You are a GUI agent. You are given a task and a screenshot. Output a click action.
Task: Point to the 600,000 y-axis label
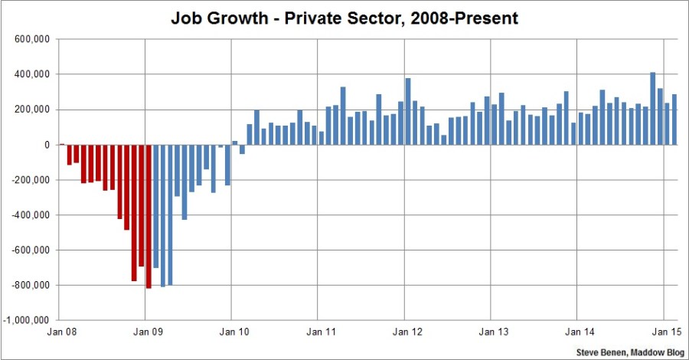(x=30, y=40)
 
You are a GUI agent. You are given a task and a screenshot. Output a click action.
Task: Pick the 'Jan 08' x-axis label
(x=59, y=334)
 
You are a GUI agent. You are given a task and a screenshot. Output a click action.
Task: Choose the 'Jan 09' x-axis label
(x=145, y=334)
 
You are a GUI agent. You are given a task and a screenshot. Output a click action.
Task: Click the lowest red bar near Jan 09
(x=149, y=216)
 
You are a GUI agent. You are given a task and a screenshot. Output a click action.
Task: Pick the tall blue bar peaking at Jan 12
(x=408, y=111)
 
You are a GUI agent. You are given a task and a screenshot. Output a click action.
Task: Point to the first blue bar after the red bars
(x=155, y=206)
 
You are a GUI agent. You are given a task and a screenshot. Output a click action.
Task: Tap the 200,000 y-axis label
(x=30, y=110)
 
